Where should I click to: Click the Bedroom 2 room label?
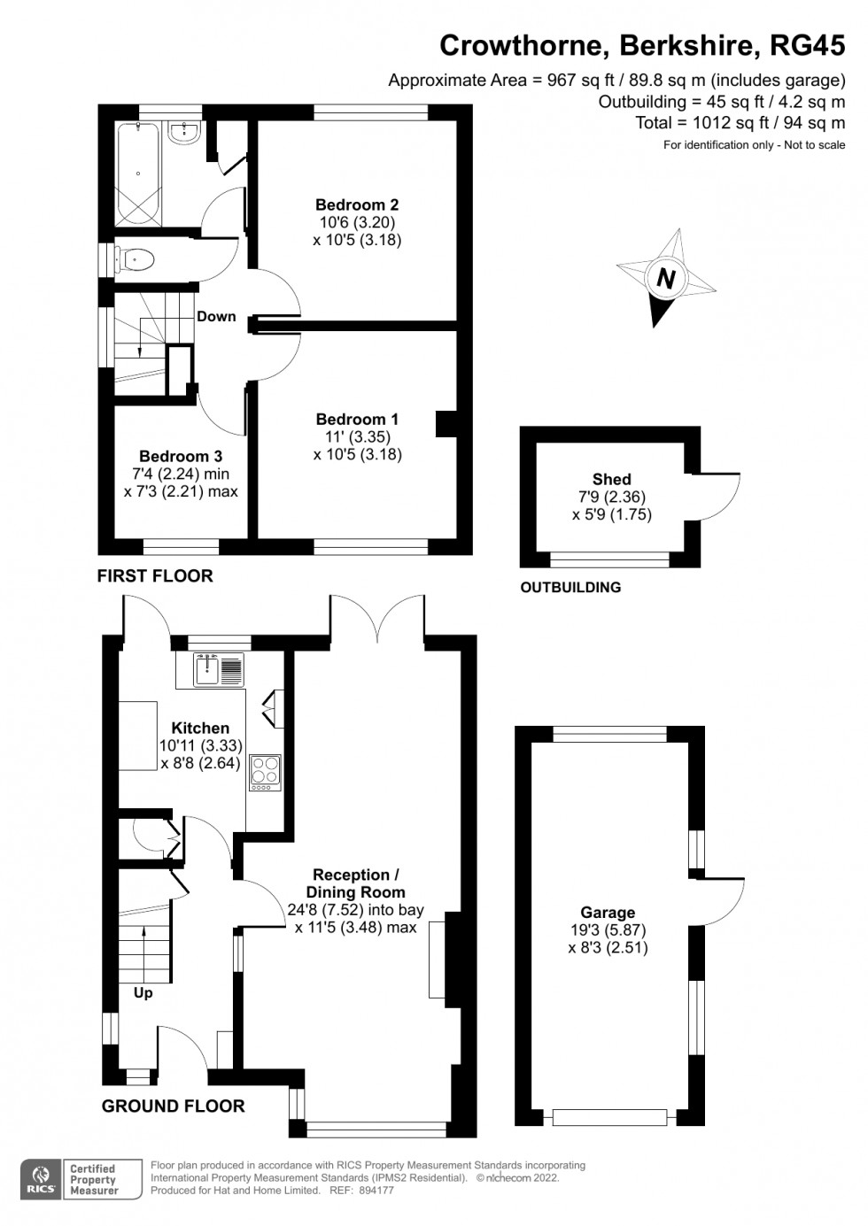(357, 204)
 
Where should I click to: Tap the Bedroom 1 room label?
(357, 420)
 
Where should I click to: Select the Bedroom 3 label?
(181, 456)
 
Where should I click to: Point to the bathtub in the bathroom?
(138, 173)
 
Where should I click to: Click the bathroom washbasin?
(184, 133)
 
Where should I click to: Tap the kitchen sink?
(219, 670)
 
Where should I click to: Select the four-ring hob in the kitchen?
(266, 772)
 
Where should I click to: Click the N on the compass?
(666, 279)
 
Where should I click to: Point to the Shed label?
(612, 480)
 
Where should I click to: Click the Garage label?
(608, 913)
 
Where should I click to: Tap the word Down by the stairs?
(216, 316)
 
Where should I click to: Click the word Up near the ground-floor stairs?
(143, 992)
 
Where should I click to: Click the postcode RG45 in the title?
(808, 46)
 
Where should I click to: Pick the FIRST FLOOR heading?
(155, 575)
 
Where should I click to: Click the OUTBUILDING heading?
(570, 587)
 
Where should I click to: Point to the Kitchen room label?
(200, 728)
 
